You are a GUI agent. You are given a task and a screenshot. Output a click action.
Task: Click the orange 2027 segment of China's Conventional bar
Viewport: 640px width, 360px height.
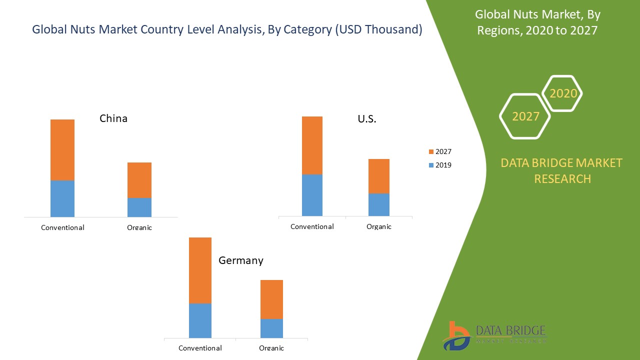62,149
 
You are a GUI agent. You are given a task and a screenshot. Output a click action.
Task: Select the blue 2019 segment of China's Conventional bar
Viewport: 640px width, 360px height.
62,198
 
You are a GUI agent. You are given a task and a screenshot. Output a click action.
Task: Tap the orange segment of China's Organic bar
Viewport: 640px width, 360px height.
139,180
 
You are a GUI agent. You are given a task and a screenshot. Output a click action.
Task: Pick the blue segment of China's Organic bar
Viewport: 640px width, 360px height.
139,207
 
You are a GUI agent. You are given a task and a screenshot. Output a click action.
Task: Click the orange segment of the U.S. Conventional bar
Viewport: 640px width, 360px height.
312,145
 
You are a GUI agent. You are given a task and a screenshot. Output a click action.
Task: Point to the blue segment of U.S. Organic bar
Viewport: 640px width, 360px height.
378,204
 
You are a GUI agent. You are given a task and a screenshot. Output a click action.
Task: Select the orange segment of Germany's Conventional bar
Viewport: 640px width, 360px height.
200,270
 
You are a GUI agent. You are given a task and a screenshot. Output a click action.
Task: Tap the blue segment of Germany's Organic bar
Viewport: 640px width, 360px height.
271,328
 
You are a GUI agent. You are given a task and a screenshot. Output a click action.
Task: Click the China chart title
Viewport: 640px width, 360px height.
113,118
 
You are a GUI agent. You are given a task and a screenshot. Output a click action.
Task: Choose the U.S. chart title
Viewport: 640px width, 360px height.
367,119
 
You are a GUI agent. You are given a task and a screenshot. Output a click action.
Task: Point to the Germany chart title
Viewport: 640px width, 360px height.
240,260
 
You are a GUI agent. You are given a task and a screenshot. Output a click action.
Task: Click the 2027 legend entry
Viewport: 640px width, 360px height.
439,151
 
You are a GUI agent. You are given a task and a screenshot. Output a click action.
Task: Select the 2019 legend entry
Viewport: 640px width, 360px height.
439,165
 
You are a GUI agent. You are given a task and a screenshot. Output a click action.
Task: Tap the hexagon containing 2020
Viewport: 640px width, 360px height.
562,93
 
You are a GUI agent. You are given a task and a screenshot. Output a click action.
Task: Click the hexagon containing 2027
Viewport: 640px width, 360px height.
525,116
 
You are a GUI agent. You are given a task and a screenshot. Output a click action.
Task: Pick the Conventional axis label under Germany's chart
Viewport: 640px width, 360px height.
200,348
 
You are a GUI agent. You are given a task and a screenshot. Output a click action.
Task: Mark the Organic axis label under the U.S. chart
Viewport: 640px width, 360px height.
378,226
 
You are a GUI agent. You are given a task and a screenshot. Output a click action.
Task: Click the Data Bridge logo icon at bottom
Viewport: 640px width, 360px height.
456,335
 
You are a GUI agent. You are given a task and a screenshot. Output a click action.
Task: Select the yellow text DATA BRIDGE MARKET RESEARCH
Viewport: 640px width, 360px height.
562,170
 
